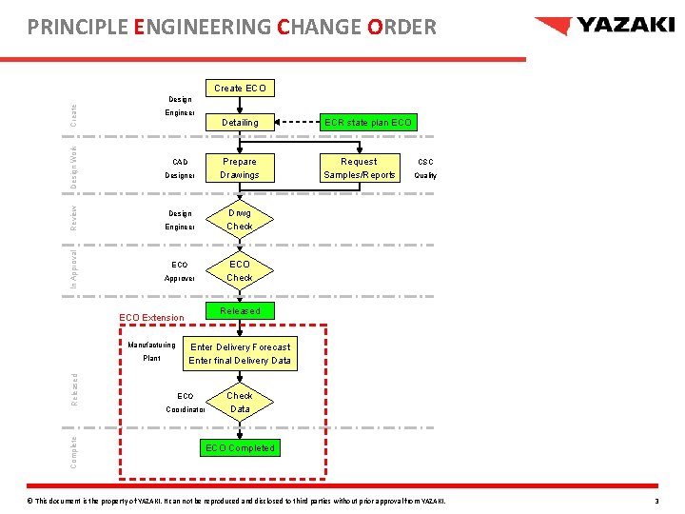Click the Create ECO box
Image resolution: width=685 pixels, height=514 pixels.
coord(240,89)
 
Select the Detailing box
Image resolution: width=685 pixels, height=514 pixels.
coord(240,123)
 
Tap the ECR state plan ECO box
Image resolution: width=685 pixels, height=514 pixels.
coord(368,123)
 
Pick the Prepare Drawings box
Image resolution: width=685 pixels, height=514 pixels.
coord(240,168)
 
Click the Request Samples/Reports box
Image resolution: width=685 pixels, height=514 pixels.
coord(359,168)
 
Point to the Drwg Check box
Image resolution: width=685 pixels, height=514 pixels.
coord(240,220)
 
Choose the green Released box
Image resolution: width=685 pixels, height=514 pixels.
coord(240,311)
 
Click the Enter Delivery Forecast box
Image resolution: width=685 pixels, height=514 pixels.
coord(240,354)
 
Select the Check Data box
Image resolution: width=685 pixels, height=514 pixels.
coord(240,403)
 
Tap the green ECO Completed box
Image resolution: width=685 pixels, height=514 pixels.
coord(240,448)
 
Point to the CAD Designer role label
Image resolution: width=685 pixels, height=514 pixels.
coord(180,168)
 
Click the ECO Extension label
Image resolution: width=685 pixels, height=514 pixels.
coord(151,317)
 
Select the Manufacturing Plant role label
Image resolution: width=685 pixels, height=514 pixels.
coord(151,351)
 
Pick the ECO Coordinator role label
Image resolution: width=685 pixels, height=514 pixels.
coord(186,403)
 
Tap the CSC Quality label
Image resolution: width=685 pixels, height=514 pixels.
coord(425,168)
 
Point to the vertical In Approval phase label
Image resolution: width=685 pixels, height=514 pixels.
coord(74,268)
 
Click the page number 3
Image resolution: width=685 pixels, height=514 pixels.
coord(656,501)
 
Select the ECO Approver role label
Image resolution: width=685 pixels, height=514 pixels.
coord(180,271)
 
